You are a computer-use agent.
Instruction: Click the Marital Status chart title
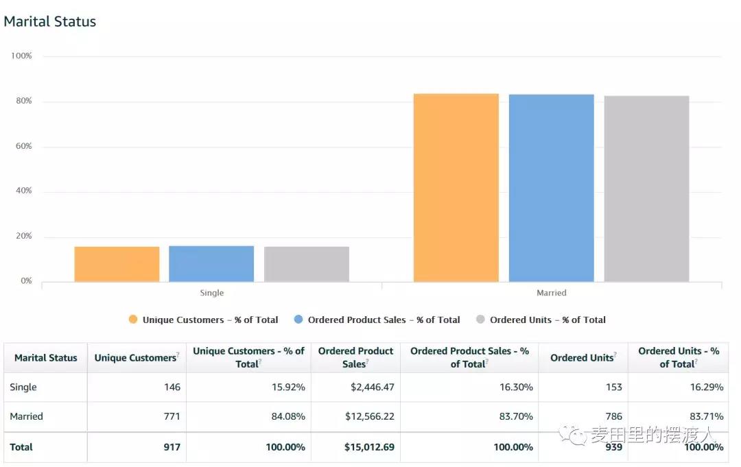click(50, 21)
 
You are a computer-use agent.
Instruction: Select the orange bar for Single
click(117, 264)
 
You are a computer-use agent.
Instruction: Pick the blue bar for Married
click(551, 188)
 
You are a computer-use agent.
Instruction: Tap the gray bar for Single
click(307, 264)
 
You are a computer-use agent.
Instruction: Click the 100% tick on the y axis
click(21, 56)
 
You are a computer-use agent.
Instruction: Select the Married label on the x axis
click(551, 293)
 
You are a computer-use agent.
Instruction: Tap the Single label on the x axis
click(211, 293)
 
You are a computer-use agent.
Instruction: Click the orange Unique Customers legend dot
click(133, 320)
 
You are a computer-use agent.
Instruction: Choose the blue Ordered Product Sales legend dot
click(298, 320)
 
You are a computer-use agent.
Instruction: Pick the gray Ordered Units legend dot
click(480, 320)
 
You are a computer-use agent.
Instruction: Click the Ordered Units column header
click(582, 357)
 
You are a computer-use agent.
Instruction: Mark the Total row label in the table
click(21, 447)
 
